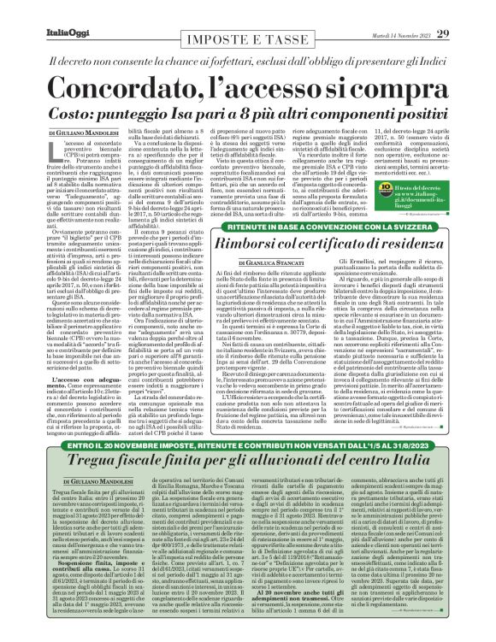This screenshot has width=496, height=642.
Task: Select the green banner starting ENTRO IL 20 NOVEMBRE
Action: pos(248,445)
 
